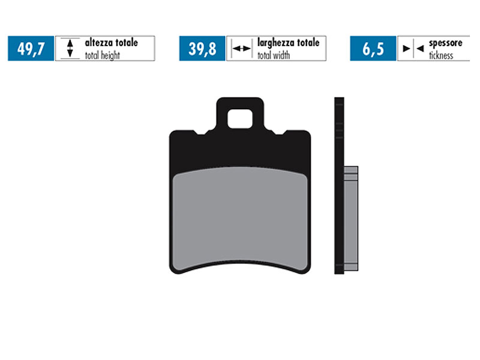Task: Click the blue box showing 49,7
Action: (x=31, y=49)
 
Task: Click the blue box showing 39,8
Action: (x=202, y=49)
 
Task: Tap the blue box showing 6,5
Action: (x=373, y=49)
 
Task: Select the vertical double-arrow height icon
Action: (x=70, y=49)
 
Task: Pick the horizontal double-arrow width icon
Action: (x=241, y=49)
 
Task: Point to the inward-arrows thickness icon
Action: (x=412, y=49)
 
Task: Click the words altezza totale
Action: (x=111, y=43)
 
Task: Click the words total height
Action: (x=102, y=55)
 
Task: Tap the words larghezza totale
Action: (x=288, y=43)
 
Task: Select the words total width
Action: (x=274, y=55)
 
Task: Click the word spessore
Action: (x=445, y=43)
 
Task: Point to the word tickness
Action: (x=441, y=55)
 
